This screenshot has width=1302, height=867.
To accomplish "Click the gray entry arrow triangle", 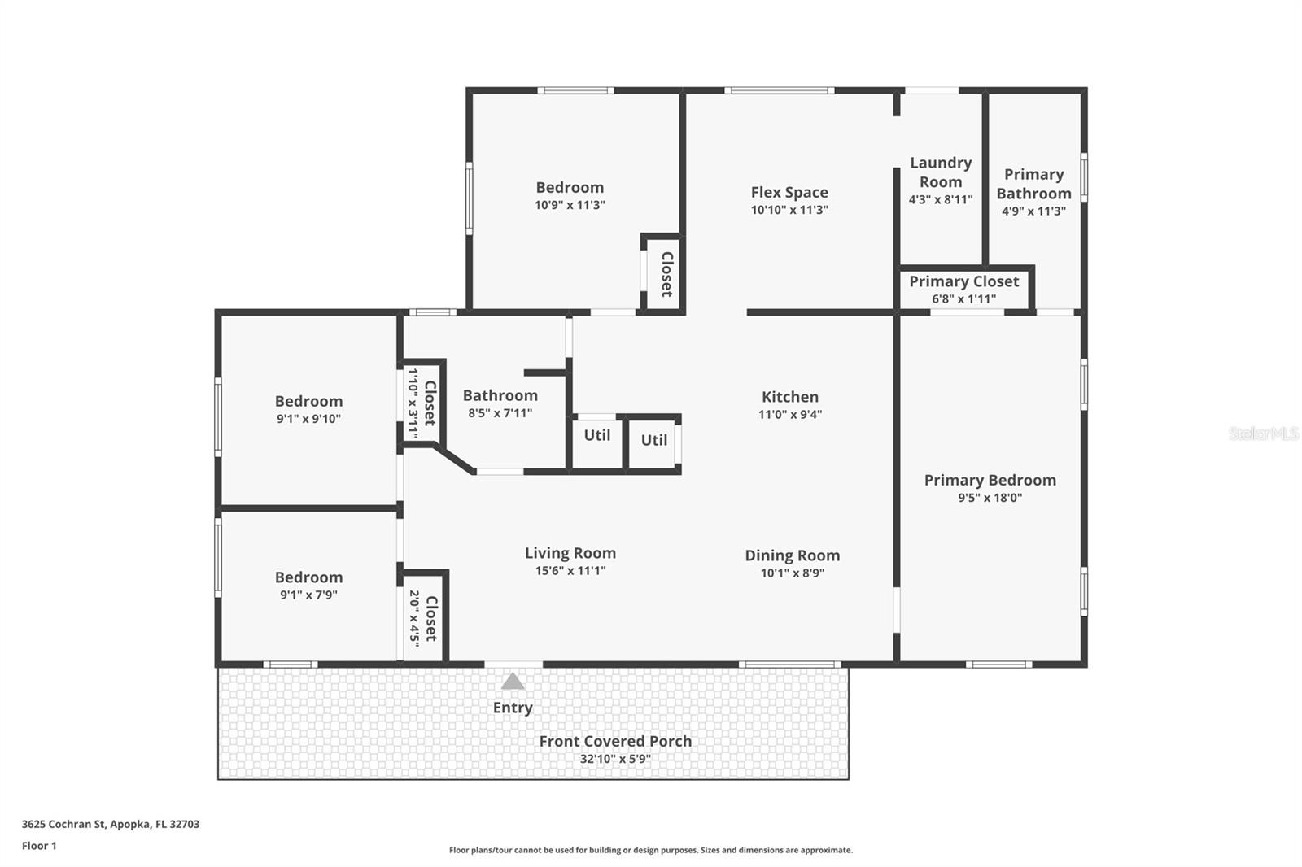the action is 513,681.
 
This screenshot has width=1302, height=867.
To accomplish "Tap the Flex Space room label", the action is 789,192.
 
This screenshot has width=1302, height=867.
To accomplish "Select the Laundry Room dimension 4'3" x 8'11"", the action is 941,199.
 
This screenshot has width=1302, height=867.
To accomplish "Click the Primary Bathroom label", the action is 1033,184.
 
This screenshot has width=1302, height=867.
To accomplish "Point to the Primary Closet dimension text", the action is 963,298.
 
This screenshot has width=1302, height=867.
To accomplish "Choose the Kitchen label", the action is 790,396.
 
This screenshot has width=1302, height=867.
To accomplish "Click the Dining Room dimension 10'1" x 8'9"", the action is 793,573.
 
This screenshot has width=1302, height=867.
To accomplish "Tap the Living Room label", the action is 570,552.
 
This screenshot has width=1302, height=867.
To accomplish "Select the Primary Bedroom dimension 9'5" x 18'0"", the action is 990,497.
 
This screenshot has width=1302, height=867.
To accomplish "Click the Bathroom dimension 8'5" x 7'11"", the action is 500,412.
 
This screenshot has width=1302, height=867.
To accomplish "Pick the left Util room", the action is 597,443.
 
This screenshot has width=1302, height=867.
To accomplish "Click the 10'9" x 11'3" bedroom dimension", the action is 570,204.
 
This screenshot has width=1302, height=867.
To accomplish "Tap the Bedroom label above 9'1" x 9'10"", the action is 308,401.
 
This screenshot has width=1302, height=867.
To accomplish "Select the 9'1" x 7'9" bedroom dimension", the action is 308,595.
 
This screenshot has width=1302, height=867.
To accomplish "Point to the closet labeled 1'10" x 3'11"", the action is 422,403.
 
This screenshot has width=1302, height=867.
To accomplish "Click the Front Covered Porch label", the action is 615,741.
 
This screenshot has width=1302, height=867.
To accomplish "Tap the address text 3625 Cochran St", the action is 63,823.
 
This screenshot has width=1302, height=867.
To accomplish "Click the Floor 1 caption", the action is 39,846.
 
